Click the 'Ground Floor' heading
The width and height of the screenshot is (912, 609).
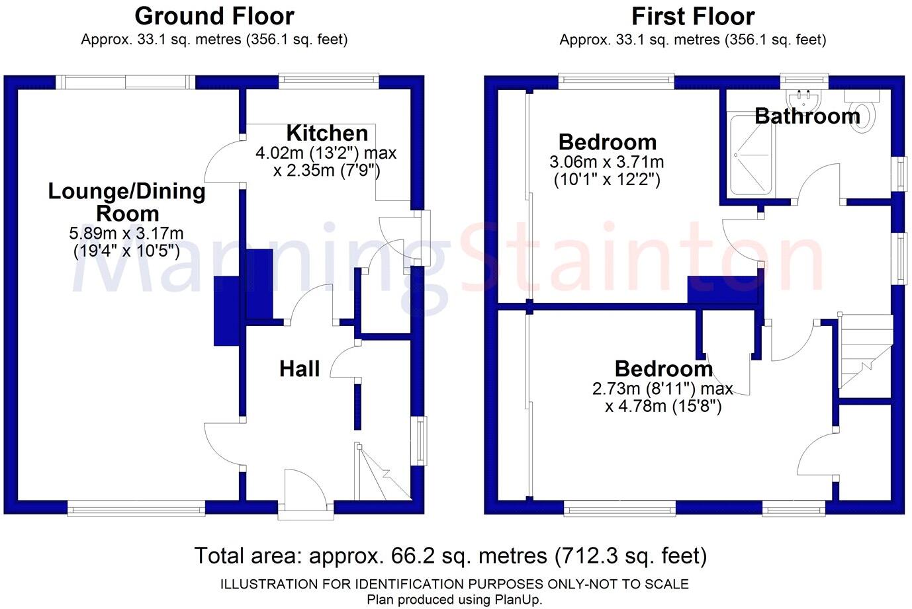214,17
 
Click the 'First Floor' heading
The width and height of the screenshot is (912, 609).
693,17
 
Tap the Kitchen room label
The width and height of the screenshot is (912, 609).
327,133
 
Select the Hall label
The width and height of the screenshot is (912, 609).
299,368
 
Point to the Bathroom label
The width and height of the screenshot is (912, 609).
807,116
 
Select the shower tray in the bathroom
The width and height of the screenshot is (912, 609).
752,155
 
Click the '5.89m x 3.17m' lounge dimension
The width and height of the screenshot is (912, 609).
126,233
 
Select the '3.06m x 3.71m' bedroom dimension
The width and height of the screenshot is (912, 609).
607,162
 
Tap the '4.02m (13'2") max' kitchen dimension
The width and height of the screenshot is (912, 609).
326,153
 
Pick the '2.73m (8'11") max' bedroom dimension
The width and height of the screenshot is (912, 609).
662,389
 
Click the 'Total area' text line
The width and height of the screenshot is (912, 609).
451,555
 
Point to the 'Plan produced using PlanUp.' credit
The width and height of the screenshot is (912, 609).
455,600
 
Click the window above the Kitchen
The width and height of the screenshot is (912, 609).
328,81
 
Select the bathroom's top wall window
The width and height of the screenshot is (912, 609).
804,81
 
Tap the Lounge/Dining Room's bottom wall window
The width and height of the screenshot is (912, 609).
136,508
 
